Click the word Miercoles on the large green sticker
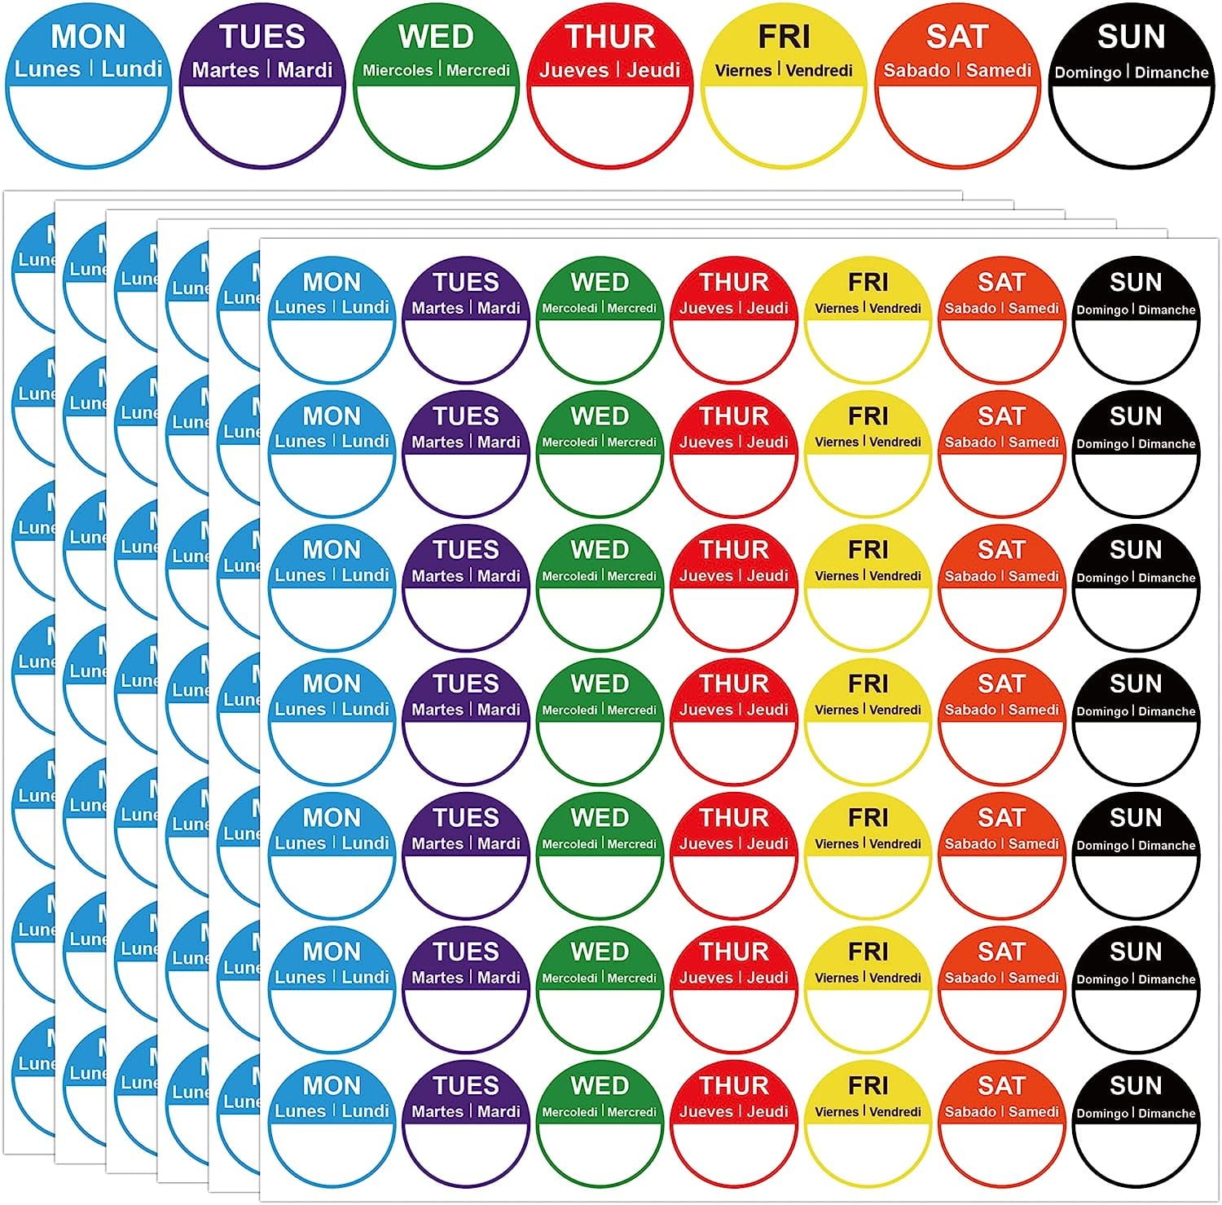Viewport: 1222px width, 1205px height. click(398, 70)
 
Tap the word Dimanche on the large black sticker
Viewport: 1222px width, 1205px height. click(1171, 73)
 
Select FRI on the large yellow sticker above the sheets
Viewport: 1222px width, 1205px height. click(784, 37)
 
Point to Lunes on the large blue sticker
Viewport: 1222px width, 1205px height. click(47, 69)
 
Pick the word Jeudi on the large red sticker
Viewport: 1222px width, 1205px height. click(653, 70)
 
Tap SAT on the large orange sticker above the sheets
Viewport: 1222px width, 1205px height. click(957, 37)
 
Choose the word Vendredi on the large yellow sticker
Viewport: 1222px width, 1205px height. click(820, 70)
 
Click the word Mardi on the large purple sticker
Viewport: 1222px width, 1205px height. click(305, 70)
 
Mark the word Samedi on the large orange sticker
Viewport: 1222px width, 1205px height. click(999, 70)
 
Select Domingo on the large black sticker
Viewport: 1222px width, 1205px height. click(1088, 73)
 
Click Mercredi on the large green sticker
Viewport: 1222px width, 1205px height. click(478, 70)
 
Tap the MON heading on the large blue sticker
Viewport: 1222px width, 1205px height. click(88, 37)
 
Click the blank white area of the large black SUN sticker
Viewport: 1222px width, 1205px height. click(1131, 122)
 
